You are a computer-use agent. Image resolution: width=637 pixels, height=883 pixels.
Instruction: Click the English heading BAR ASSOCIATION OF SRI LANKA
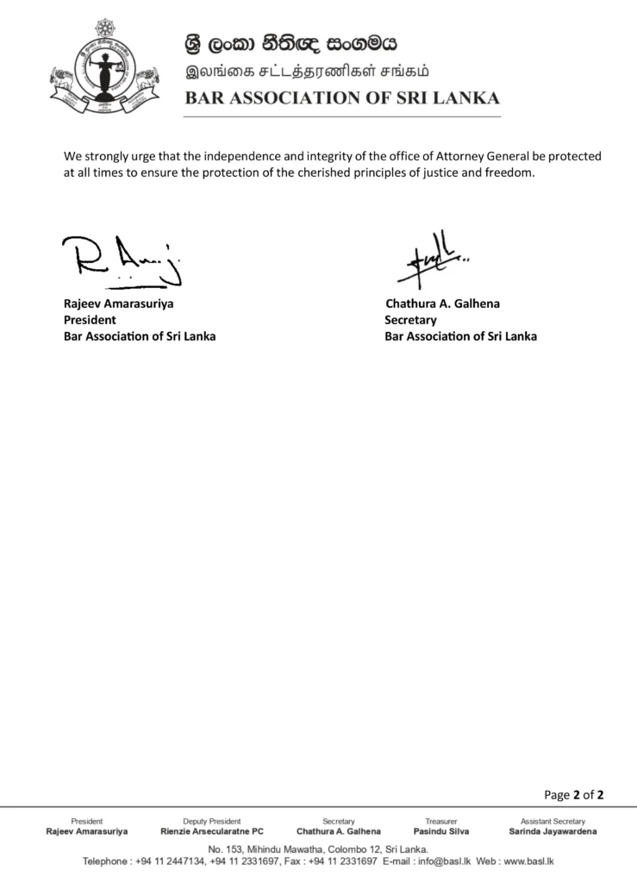[x=342, y=97]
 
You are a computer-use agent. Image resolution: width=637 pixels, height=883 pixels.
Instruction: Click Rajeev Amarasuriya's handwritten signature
[x=126, y=260]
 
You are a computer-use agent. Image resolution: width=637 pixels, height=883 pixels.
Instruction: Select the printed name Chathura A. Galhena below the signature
[x=442, y=304]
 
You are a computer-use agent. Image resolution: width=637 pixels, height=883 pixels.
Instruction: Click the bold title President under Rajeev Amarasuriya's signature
[x=90, y=320]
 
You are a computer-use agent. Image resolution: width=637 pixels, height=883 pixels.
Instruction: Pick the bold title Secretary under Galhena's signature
[x=410, y=320]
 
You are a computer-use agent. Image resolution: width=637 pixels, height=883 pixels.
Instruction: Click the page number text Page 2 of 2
[x=573, y=794]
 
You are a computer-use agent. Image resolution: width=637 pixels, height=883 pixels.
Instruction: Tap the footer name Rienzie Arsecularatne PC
[x=212, y=831]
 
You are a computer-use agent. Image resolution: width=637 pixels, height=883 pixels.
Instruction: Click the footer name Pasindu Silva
[x=441, y=831]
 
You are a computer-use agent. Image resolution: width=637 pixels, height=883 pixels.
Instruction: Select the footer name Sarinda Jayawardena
[x=553, y=831]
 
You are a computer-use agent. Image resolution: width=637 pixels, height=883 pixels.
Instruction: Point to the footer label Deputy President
[x=212, y=821]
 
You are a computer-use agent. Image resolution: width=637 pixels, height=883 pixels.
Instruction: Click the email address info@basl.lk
[x=442, y=861]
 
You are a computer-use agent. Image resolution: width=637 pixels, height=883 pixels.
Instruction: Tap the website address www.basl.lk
[x=528, y=861]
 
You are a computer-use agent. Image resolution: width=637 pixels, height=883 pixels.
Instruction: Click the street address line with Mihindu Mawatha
[x=318, y=849]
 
